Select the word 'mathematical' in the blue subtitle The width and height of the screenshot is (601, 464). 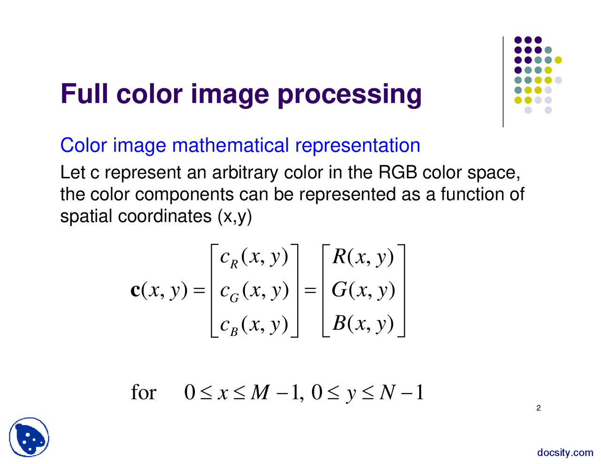(x=230, y=145)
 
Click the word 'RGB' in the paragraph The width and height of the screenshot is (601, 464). (x=398, y=173)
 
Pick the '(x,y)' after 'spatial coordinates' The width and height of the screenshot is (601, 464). (x=235, y=216)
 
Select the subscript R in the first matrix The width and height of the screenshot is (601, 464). (x=234, y=264)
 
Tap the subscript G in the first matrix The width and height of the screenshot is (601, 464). (x=234, y=297)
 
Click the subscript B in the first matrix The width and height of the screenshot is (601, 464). (x=234, y=331)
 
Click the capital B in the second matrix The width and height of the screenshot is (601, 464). (x=339, y=323)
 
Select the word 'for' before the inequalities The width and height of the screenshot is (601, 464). (x=143, y=392)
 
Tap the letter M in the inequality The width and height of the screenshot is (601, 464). (x=260, y=392)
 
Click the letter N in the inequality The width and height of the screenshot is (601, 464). (x=387, y=392)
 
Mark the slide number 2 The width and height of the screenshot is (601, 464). (x=539, y=408)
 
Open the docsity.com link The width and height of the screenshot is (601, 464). (x=565, y=452)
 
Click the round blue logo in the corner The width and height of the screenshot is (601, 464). (x=29, y=438)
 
